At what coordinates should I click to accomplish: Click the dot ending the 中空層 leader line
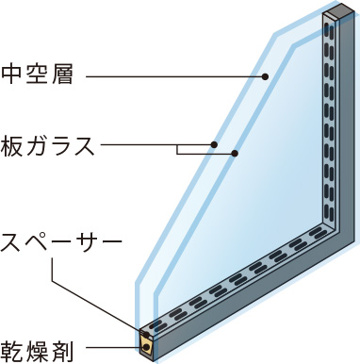point(267,75)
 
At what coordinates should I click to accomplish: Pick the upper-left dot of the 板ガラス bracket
point(216,145)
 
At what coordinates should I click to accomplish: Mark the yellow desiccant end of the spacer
point(147,347)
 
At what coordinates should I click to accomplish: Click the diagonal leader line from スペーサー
point(94,292)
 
